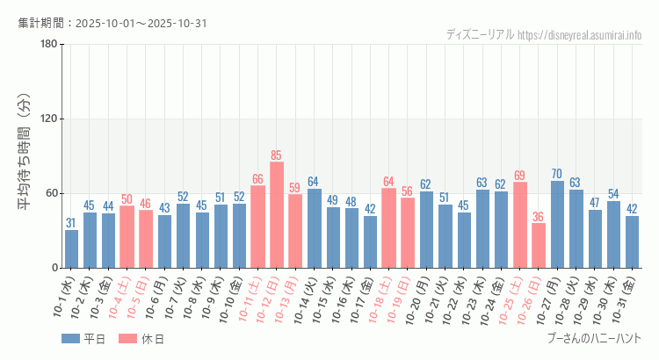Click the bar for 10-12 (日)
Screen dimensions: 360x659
click(x=277, y=215)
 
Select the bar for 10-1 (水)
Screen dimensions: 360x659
click(x=71, y=248)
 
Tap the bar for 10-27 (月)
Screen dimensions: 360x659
click(x=557, y=224)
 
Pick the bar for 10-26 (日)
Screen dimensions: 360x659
click(x=539, y=245)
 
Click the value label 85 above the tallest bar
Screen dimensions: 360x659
click(x=277, y=155)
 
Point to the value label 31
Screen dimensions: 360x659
click(x=71, y=223)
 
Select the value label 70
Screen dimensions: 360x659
click(x=557, y=174)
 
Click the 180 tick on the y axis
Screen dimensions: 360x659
click(x=49, y=45)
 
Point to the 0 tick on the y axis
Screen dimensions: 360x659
click(x=54, y=268)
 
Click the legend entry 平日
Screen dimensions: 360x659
click(x=84, y=339)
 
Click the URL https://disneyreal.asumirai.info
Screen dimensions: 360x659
click(x=580, y=35)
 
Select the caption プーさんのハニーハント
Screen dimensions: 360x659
click(x=594, y=338)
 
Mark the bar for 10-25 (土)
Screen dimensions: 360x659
click(x=520, y=225)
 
